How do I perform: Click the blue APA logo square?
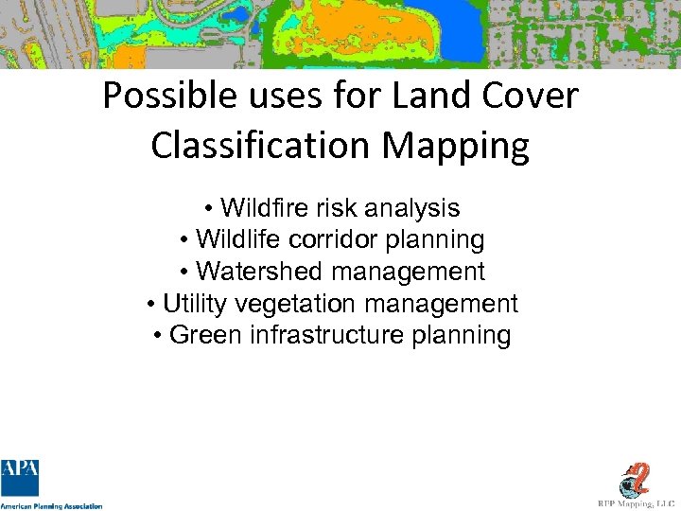(x=20, y=478)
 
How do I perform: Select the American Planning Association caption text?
(x=51, y=506)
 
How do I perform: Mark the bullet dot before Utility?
(x=153, y=305)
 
